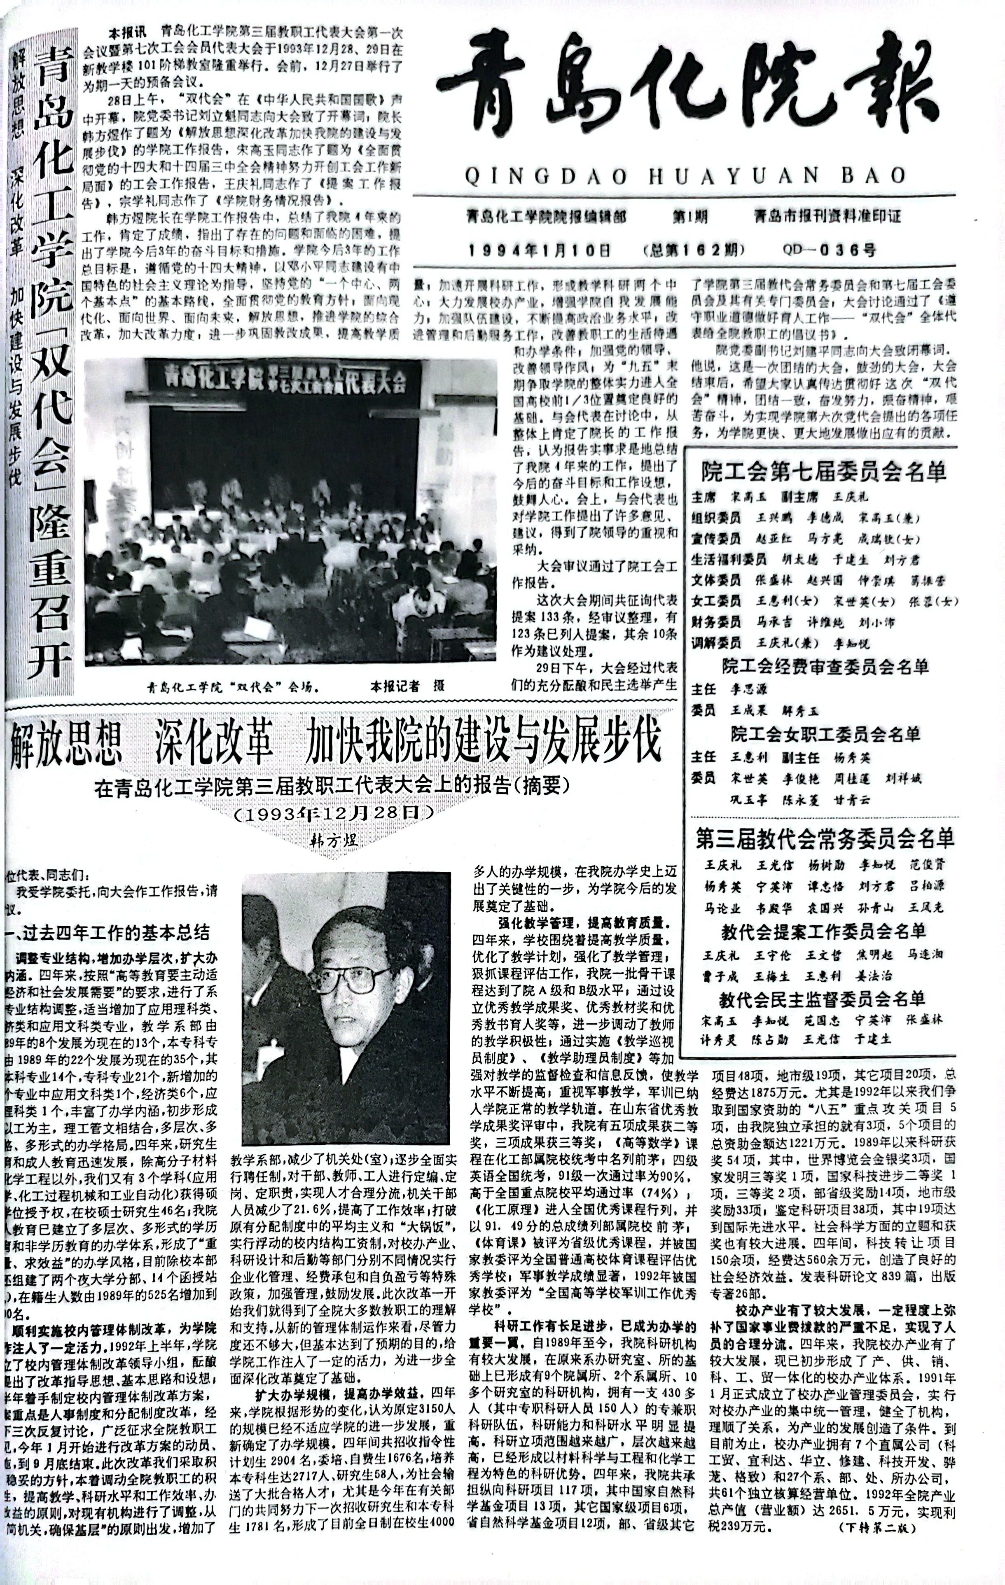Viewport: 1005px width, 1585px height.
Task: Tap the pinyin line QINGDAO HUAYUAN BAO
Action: (x=685, y=176)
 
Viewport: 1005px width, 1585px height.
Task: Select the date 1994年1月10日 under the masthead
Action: (x=540, y=250)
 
